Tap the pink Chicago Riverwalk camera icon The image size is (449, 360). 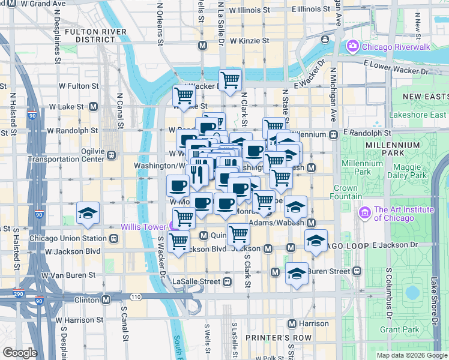352,46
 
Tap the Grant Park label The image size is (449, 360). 399,329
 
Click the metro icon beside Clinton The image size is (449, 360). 106,299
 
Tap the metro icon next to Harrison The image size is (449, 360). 292,324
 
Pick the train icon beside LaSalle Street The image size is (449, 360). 228,281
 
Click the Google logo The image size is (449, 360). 20,352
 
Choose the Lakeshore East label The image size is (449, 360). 426,115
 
